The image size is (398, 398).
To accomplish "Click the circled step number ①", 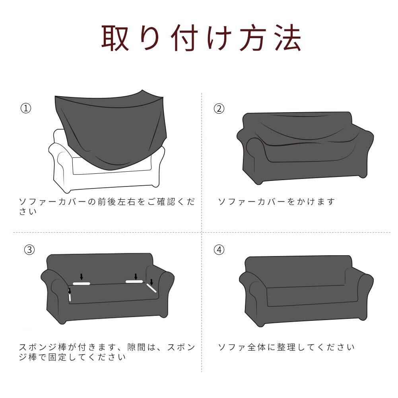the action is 26,109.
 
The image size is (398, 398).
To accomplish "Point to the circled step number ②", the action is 219,109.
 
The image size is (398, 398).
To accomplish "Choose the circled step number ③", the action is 29,250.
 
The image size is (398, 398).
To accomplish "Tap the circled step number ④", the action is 219,250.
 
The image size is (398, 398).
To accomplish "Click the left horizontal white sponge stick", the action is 82,283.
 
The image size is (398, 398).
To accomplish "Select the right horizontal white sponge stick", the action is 134,282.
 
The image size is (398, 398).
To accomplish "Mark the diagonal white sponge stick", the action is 151,288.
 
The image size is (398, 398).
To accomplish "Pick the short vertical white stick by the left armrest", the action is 70,296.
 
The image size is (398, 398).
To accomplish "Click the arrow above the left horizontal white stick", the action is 82,277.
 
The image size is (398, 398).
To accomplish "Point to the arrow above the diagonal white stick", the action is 151,282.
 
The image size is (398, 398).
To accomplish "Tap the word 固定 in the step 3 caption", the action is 58,357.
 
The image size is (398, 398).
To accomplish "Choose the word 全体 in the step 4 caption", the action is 256,347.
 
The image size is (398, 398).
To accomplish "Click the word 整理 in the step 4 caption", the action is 286,347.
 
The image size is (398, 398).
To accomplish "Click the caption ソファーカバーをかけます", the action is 276,202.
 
